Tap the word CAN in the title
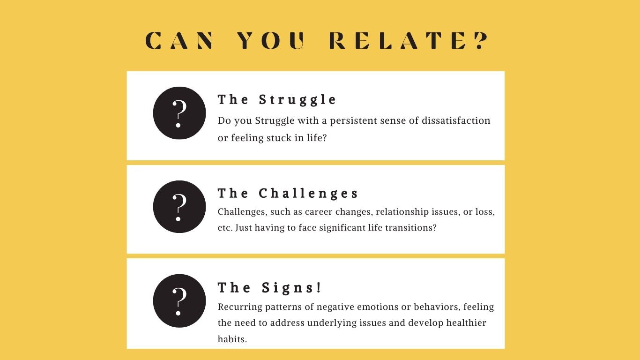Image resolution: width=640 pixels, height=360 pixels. tap(179, 40)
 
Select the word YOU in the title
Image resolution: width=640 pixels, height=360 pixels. tap(271, 40)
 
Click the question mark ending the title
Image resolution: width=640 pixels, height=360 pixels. tap(482, 40)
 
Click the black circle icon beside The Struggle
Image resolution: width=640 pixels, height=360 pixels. tap(179, 113)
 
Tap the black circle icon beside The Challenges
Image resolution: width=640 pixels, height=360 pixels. tap(179, 206)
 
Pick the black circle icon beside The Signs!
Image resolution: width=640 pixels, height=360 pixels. tap(179, 300)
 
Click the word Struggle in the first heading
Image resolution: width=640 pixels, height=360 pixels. tap(298, 100)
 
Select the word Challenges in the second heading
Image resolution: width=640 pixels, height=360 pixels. tap(308, 194)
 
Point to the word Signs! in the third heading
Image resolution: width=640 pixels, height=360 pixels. tap(292, 287)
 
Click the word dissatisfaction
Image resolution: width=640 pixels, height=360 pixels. tap(456, 120)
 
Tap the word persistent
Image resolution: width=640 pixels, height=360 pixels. tap(353, 121)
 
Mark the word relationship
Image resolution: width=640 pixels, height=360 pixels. tap(402, 212)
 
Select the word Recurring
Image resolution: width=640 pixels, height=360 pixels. tap(240, 307)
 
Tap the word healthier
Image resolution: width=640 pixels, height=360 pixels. tap(466, 323)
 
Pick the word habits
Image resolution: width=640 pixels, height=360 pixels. tap(232, 339)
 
